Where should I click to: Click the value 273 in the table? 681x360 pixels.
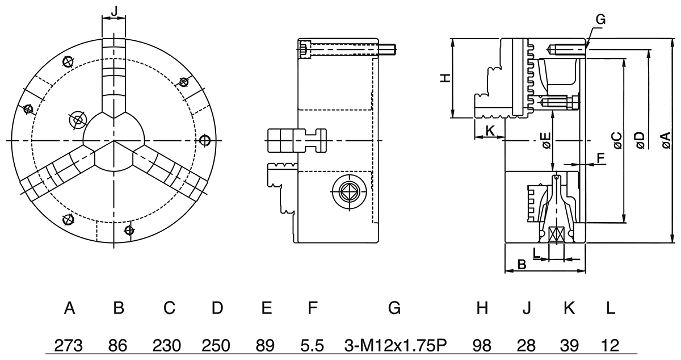[69, 345]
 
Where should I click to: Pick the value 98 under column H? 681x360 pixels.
[482, 345]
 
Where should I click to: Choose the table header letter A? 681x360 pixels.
[69, 308]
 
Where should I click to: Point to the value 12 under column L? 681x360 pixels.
[609, 345]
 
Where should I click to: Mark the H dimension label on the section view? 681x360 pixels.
[446, 78]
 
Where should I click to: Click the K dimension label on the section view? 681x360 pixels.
[490, 129]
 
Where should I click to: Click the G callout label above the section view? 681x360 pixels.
[601, 20]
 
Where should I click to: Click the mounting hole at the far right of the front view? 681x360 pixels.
[205, 140]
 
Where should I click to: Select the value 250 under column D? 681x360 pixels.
[217, 345]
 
